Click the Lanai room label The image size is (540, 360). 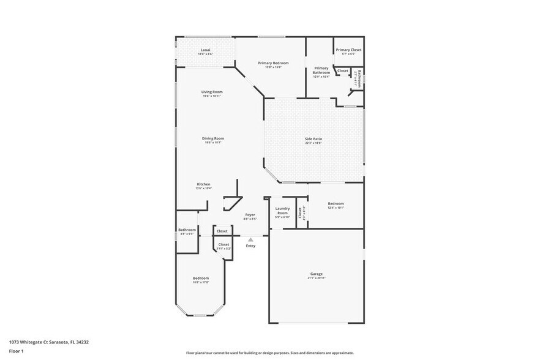coord(205,50)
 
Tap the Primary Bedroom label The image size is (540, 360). coord(273,63)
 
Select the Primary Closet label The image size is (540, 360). coord(348,50)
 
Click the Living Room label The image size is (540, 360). coord(212,92)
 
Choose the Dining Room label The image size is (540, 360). coord(213,138)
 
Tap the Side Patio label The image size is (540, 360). coord(313,139)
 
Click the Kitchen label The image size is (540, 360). coord(203,184)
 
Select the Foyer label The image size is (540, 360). coord(250,215)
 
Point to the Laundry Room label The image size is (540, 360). coord(282,211)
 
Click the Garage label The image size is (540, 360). coord(316,274)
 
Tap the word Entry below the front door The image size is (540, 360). coord(250,246)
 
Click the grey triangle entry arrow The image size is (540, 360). coord(250,239)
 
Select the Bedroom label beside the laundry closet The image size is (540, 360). coord(336,203)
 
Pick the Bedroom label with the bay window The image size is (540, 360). coord(201,278)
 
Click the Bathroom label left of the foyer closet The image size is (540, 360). coord(187,230)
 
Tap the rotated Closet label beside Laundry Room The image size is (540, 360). coord(301,212)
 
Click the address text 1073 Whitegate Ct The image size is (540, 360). coord(49,342)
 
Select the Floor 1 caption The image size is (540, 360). coord(17,351)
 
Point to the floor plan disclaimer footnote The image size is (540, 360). coord(269,353)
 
